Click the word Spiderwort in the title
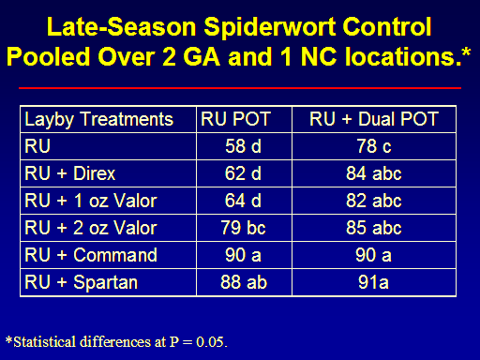[x=271, y=27]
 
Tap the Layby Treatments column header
[x=98, y=120]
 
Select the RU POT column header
[x=235, y=119]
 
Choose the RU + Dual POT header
[x=374, y=119]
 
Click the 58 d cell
[x=243, y=146]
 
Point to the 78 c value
[x=374, y=146]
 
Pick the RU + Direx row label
[x=70, y=173]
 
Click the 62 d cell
[x=243, y=173]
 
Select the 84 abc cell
[x=374, y=173]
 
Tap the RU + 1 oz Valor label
[x=91, y=201]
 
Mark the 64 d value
[x=243, y=201]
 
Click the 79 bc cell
[x=243, y=228]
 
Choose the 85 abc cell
[x=374, y=228]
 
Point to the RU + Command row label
[x=91, y=255]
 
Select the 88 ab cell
[x=244, y=282]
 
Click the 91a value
[x=373, y=282]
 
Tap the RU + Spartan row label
[x=82, y=283]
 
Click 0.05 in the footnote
[x=210, y=342]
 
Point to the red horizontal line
[x=240, y=88]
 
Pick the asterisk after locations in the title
[x=466, y=52]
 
